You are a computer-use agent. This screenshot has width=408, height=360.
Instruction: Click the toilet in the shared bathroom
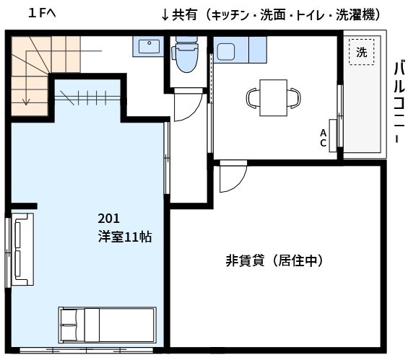(185, 57)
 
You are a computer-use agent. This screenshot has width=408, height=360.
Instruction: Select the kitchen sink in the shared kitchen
(225, 52)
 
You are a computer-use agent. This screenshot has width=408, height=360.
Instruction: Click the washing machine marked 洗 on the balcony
(362, 52)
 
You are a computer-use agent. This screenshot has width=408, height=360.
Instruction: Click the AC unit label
(324, 137)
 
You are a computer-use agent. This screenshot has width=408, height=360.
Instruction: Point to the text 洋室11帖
(125, 236)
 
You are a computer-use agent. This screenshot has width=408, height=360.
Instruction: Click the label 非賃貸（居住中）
(274, 260)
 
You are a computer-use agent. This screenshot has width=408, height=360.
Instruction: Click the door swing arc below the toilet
(186, 109)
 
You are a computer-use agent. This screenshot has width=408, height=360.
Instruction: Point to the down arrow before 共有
(165, 14)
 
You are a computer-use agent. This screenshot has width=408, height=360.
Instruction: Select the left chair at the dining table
(252, 97)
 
